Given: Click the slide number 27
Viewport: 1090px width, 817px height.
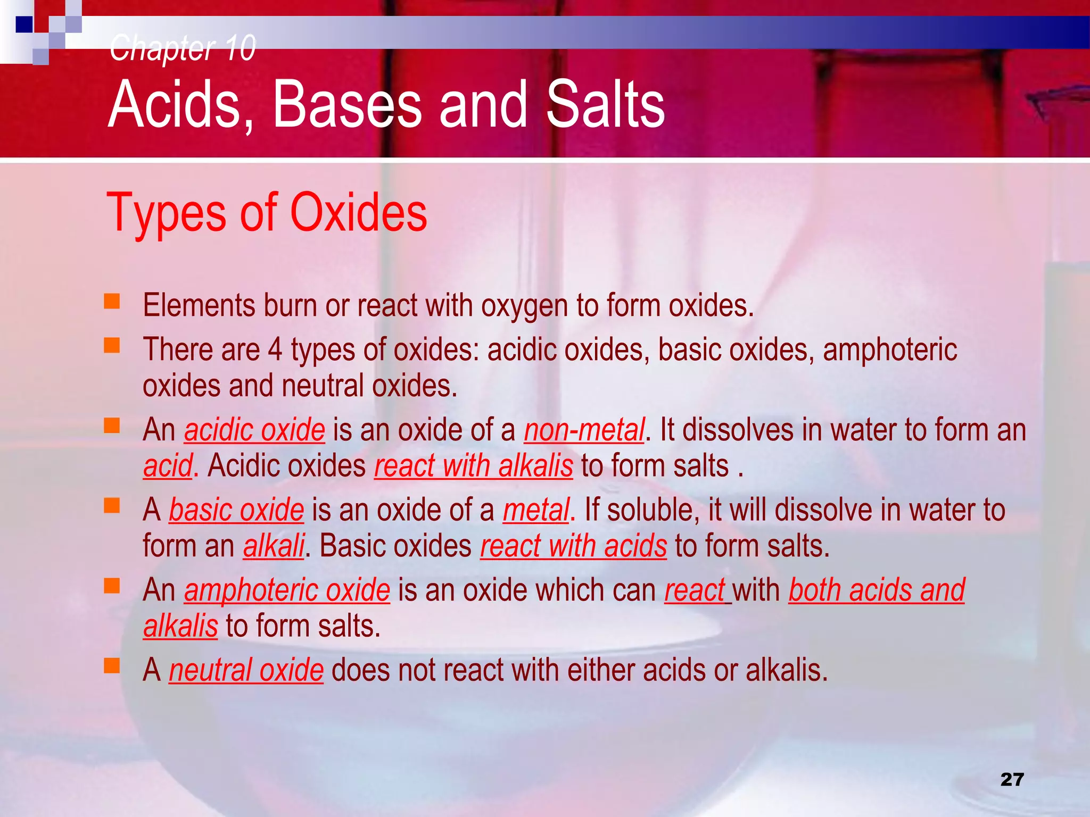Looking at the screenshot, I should tap(1012, 779).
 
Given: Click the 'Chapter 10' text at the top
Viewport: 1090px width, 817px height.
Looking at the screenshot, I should tap(183, 48).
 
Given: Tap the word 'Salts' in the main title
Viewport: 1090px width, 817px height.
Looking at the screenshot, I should tap(605, 104).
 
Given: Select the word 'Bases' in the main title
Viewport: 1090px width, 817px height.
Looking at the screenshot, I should tap(346, 104).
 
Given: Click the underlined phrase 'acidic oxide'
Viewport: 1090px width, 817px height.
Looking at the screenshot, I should tap(254, 430).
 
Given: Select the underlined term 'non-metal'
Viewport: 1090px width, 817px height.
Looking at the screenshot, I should tap(584, 430).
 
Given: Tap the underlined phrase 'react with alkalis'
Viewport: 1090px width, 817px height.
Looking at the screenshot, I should tap(473, 466).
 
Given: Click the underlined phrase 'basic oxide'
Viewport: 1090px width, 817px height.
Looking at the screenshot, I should tap(236, 510).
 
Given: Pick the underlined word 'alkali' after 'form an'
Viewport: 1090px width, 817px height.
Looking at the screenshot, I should tap(274, 546).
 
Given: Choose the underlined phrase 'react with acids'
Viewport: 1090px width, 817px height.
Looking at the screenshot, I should tap(573, 546).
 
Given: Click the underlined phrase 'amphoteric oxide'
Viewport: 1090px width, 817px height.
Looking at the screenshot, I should tap(287, 590).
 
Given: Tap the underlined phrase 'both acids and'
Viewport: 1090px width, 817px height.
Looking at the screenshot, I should tap(877, 590).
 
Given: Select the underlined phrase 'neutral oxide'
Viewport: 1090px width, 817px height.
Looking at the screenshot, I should tap(246, 670).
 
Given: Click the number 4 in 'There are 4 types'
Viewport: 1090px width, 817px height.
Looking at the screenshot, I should tap(275, 350).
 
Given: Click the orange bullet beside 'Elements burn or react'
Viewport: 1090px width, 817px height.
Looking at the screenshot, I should tap(112, 302).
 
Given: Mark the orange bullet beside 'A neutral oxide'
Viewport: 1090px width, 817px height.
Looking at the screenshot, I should tap(112, 665).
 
